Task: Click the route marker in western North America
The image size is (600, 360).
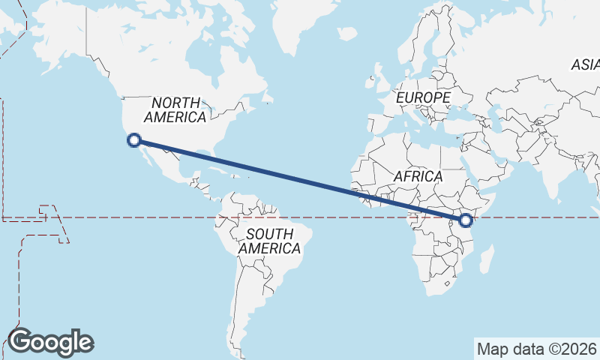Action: pos(134,139)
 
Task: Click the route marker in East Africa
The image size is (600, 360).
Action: pos(466,220)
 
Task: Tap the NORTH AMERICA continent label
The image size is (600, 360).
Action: pos(175,110)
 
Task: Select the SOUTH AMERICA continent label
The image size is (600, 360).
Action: pos(269,241)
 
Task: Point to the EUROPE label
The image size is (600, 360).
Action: pos(423,98)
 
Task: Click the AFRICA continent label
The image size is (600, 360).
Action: pos(418,176)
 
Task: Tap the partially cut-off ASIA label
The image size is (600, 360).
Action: pos(586,65)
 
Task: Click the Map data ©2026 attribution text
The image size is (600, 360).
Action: pos(535,349)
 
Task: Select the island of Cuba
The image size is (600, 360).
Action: pos(213,167)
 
